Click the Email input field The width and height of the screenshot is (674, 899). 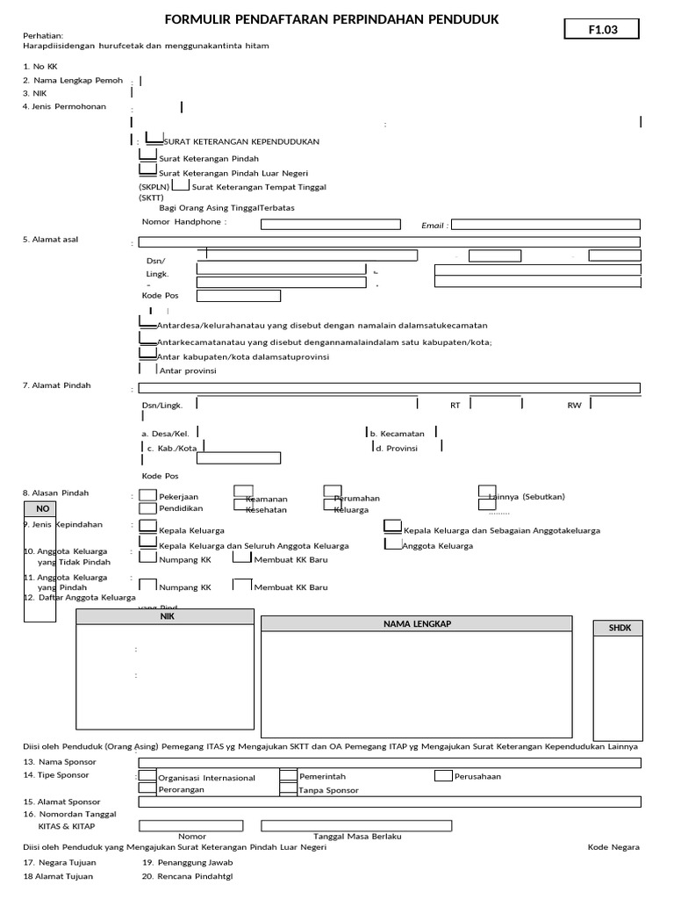coord(545,224)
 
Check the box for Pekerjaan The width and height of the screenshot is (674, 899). coord(148,495)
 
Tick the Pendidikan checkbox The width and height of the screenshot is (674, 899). coord(148,508)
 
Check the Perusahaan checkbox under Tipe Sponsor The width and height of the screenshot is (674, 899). coord(443,776)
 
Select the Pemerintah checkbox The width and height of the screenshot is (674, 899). coord(289,776)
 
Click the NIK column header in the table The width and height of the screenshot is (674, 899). coord(167,617)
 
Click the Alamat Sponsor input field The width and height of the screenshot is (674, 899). coord(390,802)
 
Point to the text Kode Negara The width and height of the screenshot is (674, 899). coord(613,846)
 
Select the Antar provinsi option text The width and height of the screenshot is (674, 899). coord(188,370)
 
